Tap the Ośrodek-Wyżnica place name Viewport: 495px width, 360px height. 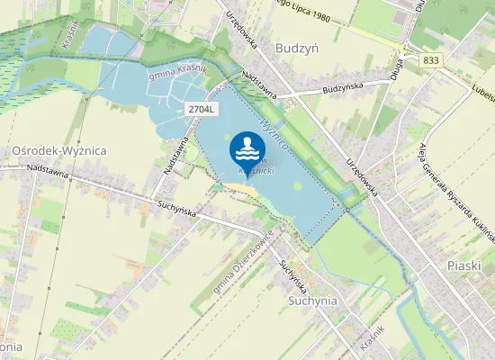(60, 151)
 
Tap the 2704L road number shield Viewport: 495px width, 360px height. (202, 108)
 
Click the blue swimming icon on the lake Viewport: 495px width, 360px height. (247, 148)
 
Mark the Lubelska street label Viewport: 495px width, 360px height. (482, 89)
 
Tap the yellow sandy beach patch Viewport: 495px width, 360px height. (240, 189)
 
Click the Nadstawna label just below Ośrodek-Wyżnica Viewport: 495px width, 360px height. (48, 167)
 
